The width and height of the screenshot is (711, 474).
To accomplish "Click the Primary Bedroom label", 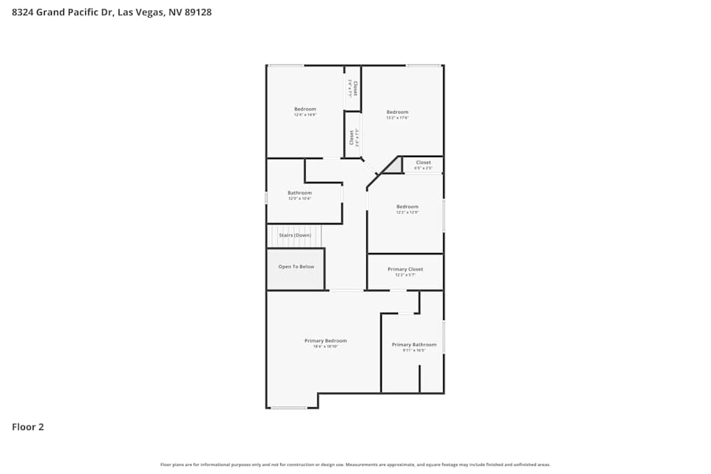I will pos(326,341).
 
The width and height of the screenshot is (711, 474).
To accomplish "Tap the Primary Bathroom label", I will pos(414,345).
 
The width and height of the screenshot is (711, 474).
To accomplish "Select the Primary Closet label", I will pos(405,269).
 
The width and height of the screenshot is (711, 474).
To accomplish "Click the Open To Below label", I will pos(296,266).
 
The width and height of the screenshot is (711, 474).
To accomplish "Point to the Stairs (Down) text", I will pos(294,235).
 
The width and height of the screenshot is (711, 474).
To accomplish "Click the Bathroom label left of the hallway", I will pos(299,193).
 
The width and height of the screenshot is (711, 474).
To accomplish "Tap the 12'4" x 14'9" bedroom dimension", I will pos(305,114).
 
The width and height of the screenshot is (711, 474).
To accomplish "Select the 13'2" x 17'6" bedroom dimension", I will pos(397,117).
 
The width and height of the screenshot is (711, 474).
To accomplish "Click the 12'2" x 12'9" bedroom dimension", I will pos(407,212).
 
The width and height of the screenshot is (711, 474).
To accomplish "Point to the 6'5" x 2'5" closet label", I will pos(423,168).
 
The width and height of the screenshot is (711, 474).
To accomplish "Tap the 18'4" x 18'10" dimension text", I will pos(326,347).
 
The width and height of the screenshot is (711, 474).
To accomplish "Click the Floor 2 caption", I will pos(28,427).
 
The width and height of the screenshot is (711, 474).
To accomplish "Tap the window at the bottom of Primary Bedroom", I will pos(289,408).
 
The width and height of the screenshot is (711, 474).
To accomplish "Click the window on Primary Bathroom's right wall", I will pos(444,338).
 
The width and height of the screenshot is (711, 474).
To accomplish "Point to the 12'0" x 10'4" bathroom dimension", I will pos(299,199).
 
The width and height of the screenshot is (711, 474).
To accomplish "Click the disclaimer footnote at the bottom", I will pos(355,465).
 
